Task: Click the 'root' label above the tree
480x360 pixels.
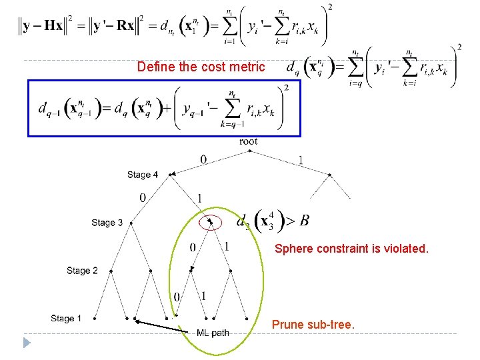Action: (248, 141)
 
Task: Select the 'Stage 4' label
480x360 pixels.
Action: (143, 175)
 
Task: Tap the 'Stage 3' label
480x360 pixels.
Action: (107, 223)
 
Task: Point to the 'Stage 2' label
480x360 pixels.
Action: (82, 271)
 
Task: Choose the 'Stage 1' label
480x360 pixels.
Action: (66, 319)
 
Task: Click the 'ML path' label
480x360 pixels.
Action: (213, 333)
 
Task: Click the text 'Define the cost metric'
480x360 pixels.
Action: (201, 67)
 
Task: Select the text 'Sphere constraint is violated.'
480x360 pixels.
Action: (351, 249)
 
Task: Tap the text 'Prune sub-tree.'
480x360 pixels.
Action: (313, 325)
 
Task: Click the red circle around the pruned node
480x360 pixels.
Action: (211, 221)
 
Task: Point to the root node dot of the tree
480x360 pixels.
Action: (249, 150)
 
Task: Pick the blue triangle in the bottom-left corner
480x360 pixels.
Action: (27, 343)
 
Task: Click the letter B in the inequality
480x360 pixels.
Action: (304, 221)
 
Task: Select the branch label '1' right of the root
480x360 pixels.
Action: (301, 160)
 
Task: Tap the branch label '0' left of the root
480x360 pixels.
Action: (203, 159)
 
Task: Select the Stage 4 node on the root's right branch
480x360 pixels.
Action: (330, 174)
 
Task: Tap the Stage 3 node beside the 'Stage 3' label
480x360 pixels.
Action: (131, 222)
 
